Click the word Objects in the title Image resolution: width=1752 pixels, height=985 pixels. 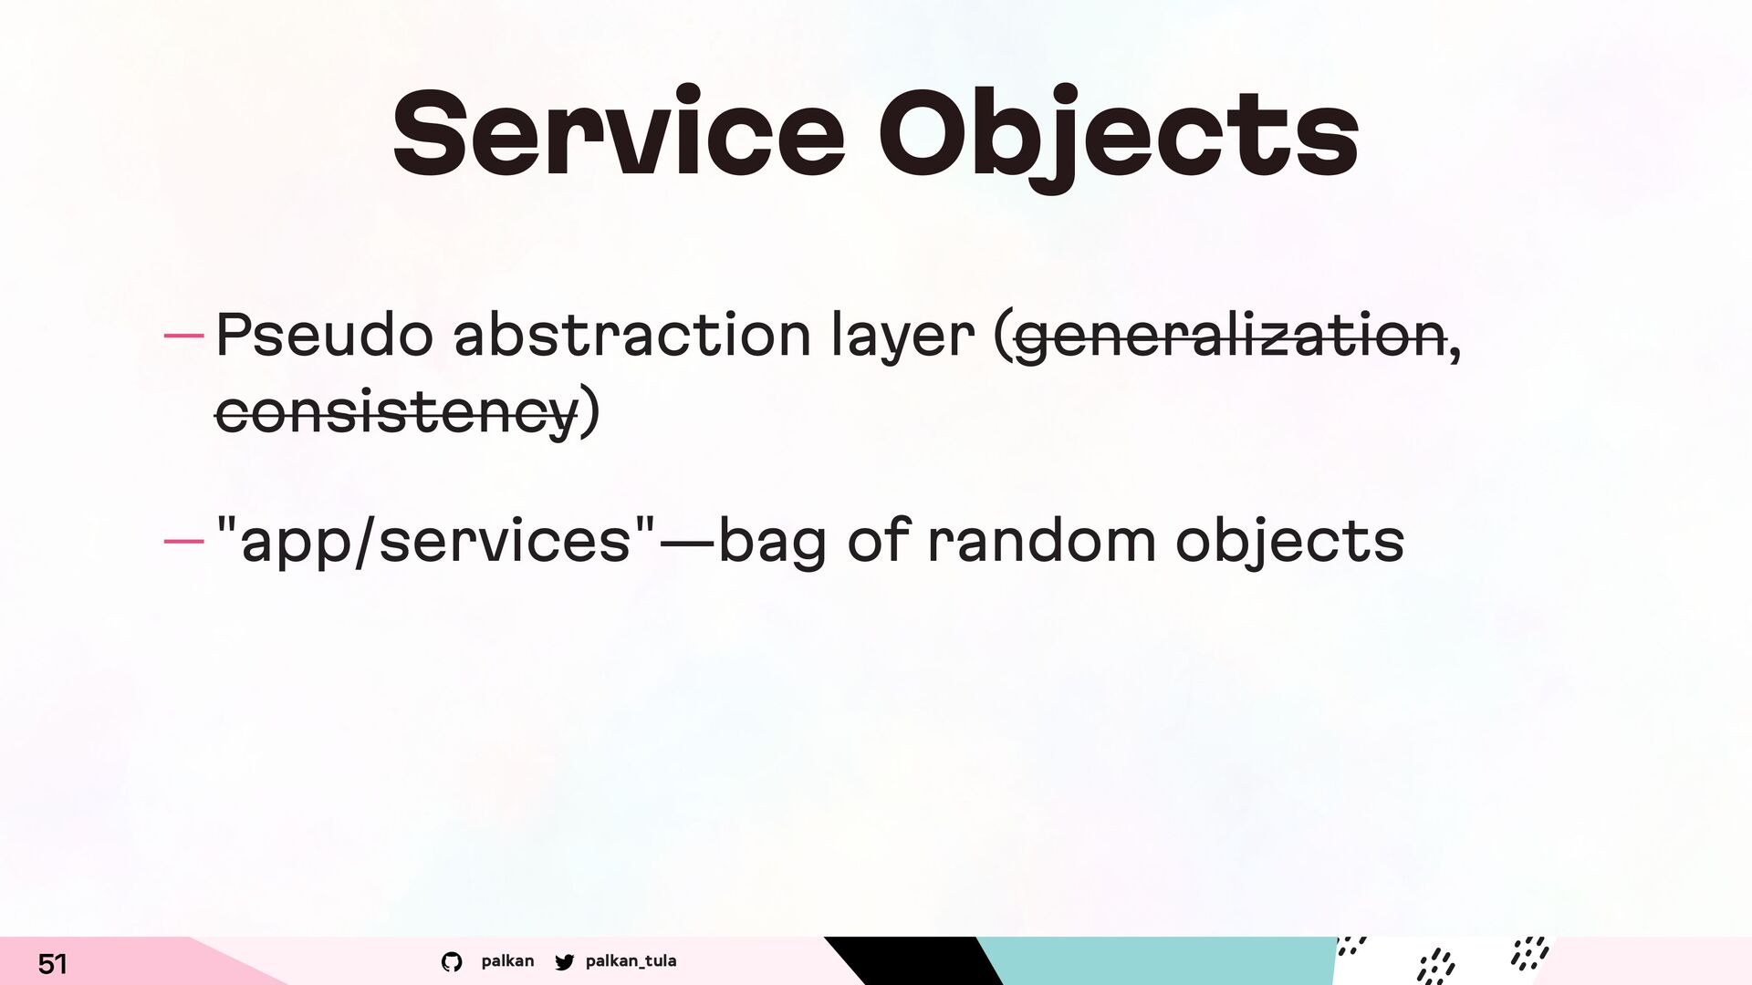click(x=1119, y=138)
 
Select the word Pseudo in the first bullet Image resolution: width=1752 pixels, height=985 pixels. click(x=324, y=334)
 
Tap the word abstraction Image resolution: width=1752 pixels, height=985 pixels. click(x=631, y=334)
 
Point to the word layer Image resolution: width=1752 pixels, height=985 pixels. click(x=902, y=337)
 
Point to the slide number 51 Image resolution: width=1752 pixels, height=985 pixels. click(x=52, y=963)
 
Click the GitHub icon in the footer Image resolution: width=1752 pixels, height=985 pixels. click(x=452, y=961)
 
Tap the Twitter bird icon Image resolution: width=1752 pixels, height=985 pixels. click(x=565, y=961)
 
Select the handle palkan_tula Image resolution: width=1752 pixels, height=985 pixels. click(x=631, y=961)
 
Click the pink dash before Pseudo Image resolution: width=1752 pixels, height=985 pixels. click(x=183, y=336)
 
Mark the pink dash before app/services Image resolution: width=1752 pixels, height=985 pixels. click(x=183, y=541)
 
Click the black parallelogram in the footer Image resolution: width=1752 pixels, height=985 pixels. click(x=912, y=960)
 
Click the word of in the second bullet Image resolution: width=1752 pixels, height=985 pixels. click(x=878, y=540)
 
